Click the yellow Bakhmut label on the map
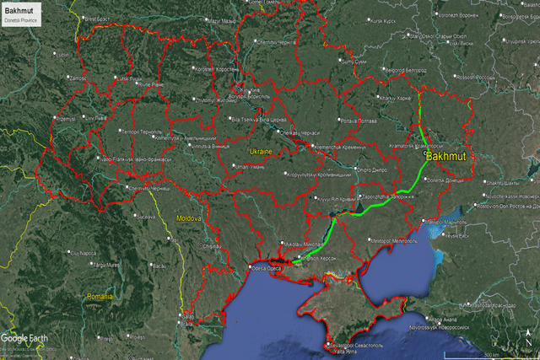coord(448,157)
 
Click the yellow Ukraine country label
coord(260,152)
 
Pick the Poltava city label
coord(353,121)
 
